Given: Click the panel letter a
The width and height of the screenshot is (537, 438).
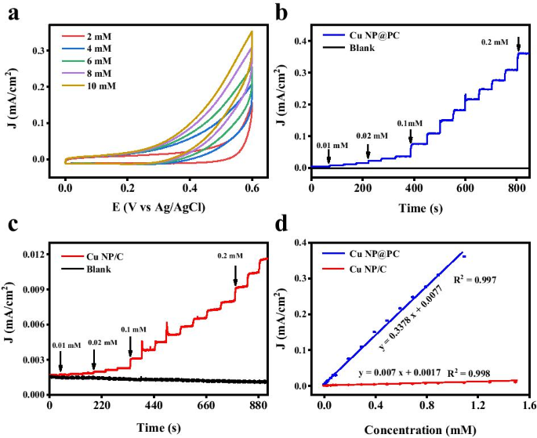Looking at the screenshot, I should pos(13,13).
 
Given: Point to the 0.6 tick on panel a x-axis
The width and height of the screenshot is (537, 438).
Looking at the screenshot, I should pos(252,189).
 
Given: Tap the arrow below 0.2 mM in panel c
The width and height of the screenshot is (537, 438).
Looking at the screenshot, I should pos(235,275).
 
